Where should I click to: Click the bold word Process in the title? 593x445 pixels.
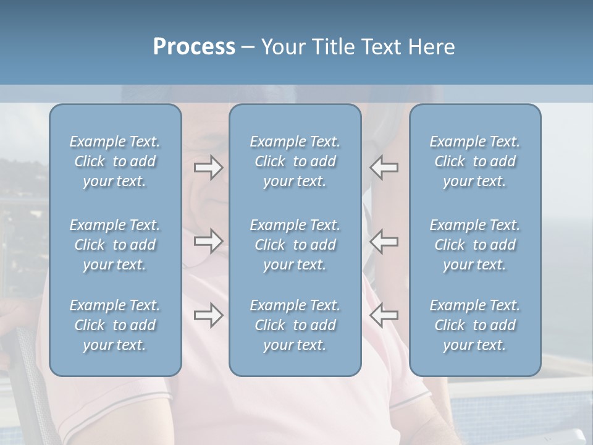coord(194,47)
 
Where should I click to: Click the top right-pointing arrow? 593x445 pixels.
coord(208,167)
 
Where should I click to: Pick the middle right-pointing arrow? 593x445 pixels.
coord(208,241)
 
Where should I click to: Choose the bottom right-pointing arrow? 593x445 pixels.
coord(208,315)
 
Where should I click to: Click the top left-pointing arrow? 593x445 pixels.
coord(384,167)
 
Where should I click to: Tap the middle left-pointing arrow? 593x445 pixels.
coord(384,241)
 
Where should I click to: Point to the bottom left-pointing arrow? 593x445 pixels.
coord(384,315)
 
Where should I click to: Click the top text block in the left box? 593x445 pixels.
coord(115,161)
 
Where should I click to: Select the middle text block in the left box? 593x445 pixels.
coord(115,245)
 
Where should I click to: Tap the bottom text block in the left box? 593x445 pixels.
coord(115,325)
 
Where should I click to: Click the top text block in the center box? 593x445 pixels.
coord(295,161)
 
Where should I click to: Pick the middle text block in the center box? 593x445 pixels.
coord(295,245)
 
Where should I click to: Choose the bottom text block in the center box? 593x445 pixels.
coord(295,325)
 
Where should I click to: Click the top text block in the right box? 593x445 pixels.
coord(475,161)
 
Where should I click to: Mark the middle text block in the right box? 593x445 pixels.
coord(475,245)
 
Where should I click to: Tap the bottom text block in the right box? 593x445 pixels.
coord(475,325)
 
